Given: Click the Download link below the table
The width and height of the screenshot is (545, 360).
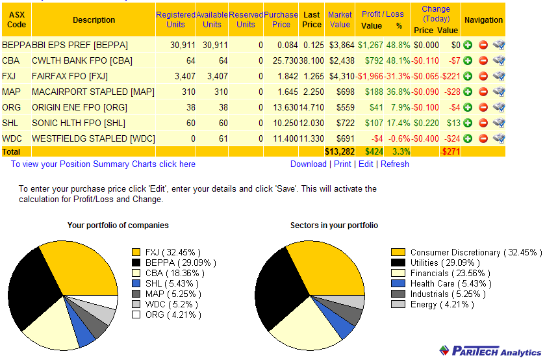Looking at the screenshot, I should (x=308, y=164).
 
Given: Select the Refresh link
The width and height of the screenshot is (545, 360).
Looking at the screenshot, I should (x=395, y=164).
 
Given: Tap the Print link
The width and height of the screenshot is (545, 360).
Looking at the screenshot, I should (x=342, y=164).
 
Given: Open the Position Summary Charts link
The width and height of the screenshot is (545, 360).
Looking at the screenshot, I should (x=103, y=164).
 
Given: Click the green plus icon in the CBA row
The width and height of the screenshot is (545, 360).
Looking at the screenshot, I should (x=468, y=60).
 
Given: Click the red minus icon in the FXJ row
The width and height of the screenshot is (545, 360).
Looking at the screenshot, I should (x=483, y=76).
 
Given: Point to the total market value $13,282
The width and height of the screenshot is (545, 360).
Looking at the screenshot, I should (x=339, y=151).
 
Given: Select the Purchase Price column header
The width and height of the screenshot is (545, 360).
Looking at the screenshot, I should (x=281, y=19).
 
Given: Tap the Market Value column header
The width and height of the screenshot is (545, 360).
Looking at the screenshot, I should (x=340, y=19).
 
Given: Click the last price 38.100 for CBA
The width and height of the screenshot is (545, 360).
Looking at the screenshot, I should (x=311, y=60).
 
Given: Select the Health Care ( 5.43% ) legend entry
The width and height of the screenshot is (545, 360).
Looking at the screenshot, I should (x=432, y=284).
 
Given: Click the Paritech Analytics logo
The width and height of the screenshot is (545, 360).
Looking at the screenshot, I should (x=488, y=350).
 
